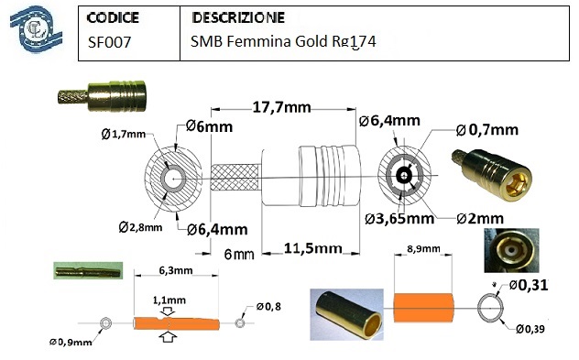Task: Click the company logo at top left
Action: tap(36, 29)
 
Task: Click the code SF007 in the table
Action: tap(109, 42)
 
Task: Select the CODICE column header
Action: tap(113, 17)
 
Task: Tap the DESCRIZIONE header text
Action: tap(238, 17)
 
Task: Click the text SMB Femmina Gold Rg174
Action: tap(283, 42)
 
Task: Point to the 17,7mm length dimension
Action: tap(282, 107)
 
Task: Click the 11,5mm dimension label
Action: tap(312, 248)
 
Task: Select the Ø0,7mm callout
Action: tap(487, 130)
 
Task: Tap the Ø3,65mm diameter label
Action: tap(399, 219)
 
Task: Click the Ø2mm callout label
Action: tap(480, 219)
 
